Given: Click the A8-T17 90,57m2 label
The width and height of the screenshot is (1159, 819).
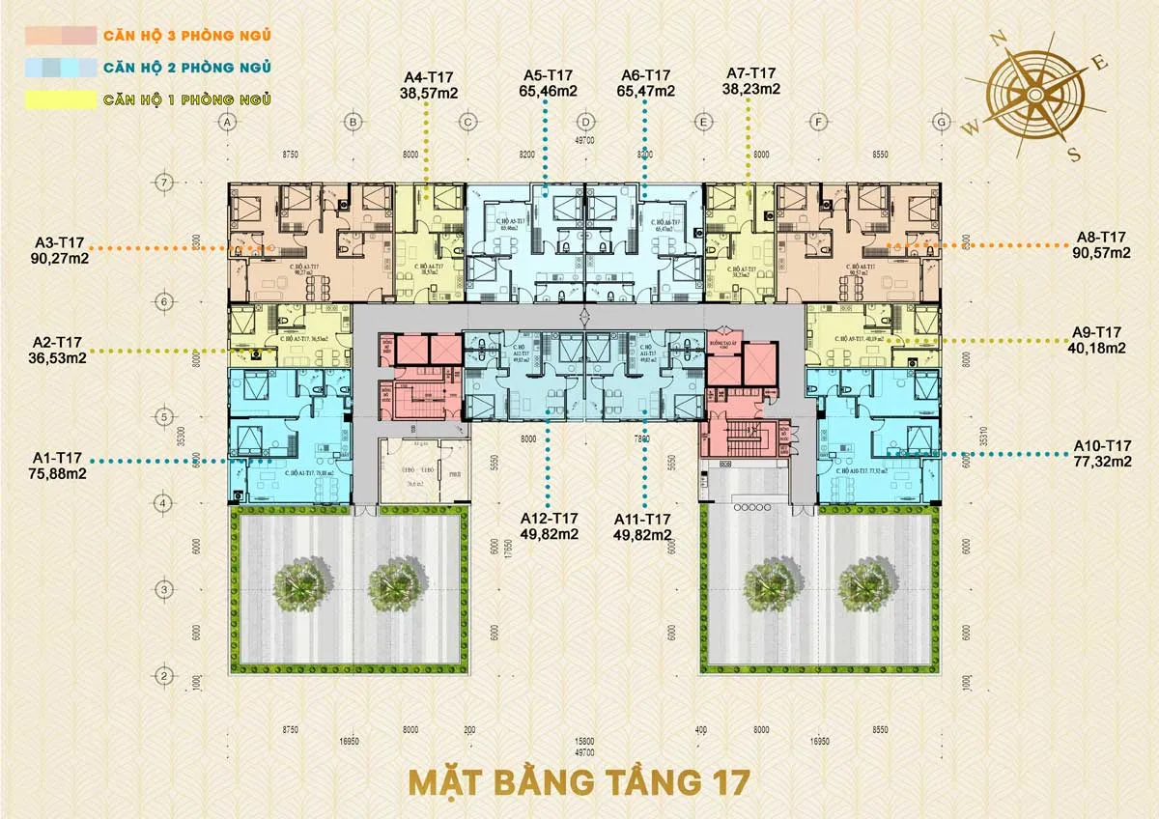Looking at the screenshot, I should [x=1101, y=245].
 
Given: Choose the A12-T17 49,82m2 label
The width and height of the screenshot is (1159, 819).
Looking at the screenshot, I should [x=550, y=525].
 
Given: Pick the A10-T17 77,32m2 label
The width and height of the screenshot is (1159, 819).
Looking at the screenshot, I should [x=1103, y=453].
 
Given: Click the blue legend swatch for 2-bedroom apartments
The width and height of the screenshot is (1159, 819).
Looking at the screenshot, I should [x=61, y=68].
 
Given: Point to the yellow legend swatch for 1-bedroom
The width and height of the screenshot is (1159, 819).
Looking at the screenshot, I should [x=61, y=99].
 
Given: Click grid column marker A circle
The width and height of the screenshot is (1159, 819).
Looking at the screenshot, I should [x=228, y=123].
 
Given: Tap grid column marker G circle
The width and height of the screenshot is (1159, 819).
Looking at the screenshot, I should [x=941, y=123].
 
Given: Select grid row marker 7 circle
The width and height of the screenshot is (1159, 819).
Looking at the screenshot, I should [x=165, y=182].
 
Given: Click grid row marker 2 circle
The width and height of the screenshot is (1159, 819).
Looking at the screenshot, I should [x=165, y=674].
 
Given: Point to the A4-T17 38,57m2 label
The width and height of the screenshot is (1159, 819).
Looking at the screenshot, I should [x=429, y=83].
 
